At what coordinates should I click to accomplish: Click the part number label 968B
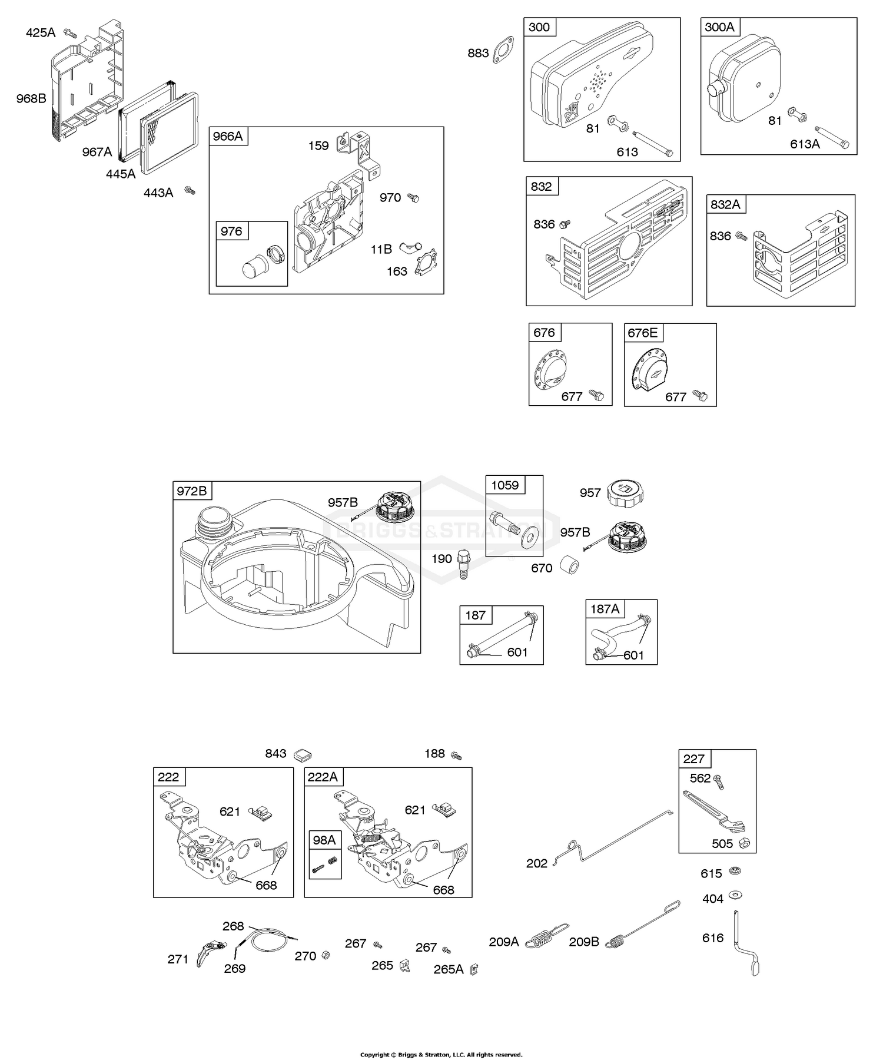31,98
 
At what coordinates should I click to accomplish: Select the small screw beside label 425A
71,32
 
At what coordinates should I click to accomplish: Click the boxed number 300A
719,27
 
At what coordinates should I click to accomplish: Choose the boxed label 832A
725,204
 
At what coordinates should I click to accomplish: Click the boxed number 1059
505,485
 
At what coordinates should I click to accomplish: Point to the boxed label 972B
192,491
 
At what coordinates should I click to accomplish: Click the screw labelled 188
456,755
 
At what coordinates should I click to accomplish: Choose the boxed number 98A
324,840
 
